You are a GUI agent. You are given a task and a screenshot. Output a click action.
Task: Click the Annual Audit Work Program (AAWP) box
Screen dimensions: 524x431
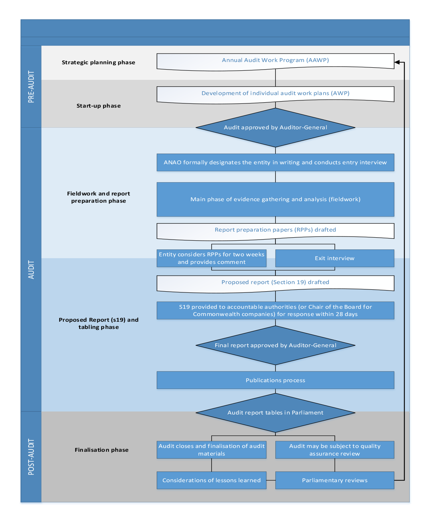pyautogui.click(x=275, y=61)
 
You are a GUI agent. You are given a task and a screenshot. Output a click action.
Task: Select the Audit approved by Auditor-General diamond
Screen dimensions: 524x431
pyautogui.click(x=275, y=127)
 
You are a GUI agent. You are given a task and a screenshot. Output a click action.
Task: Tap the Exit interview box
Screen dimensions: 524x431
pyautogui.click(x=334, y=258)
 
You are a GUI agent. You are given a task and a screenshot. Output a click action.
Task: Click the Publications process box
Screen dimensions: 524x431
pyautogui.click(x=275, y=380)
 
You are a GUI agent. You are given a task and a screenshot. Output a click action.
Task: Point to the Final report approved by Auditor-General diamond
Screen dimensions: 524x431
pyautogui.click(x=275, y=345)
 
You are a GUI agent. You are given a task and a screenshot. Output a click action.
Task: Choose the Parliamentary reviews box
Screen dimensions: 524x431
pyautogui.click(x=334, y=480)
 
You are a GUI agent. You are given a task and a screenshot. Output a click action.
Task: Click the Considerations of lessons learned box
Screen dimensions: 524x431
pyautogui.click(x=212, y=480)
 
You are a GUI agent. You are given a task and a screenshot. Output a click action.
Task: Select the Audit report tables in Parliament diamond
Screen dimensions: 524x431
pyautogui.click(x=275, y=413)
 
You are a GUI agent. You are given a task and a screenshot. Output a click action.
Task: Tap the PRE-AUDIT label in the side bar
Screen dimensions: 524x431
pyautogui.click(x=31, y=87)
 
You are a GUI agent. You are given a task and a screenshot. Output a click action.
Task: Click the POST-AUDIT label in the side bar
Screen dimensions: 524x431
pyautogui.click(x=31, y=457)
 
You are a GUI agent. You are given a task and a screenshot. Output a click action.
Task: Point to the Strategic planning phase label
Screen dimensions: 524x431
pyautogui.click(x=99, y=62)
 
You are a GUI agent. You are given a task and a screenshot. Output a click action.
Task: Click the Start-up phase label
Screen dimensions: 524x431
pyautogui.click(x=99, y=106)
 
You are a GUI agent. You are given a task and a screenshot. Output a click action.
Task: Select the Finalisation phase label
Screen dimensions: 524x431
pyautogui.click(x=102, y=450)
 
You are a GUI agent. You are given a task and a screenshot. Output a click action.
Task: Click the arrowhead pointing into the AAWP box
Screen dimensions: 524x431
pyautogui.click(x=397, y=62)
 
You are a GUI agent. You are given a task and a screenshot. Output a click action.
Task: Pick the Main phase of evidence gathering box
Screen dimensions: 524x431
pyautogui.click(x=275, y=199)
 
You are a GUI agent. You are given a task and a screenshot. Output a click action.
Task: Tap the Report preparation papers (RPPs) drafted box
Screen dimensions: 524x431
pyautogui.click(x=275, y=230)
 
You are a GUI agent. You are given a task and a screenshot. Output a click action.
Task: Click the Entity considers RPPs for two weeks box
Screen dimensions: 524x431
pyautogui.click(x=212, y=258)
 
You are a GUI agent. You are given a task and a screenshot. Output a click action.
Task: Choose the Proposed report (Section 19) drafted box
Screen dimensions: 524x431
pyautogui.click(x=275, y=283)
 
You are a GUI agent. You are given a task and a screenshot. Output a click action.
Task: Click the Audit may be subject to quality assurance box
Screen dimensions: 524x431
pyautogui.click(x=334, y=450)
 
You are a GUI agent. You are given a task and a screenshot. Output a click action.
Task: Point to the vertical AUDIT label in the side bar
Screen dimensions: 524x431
pyautogui.click(x=31, y=270)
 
